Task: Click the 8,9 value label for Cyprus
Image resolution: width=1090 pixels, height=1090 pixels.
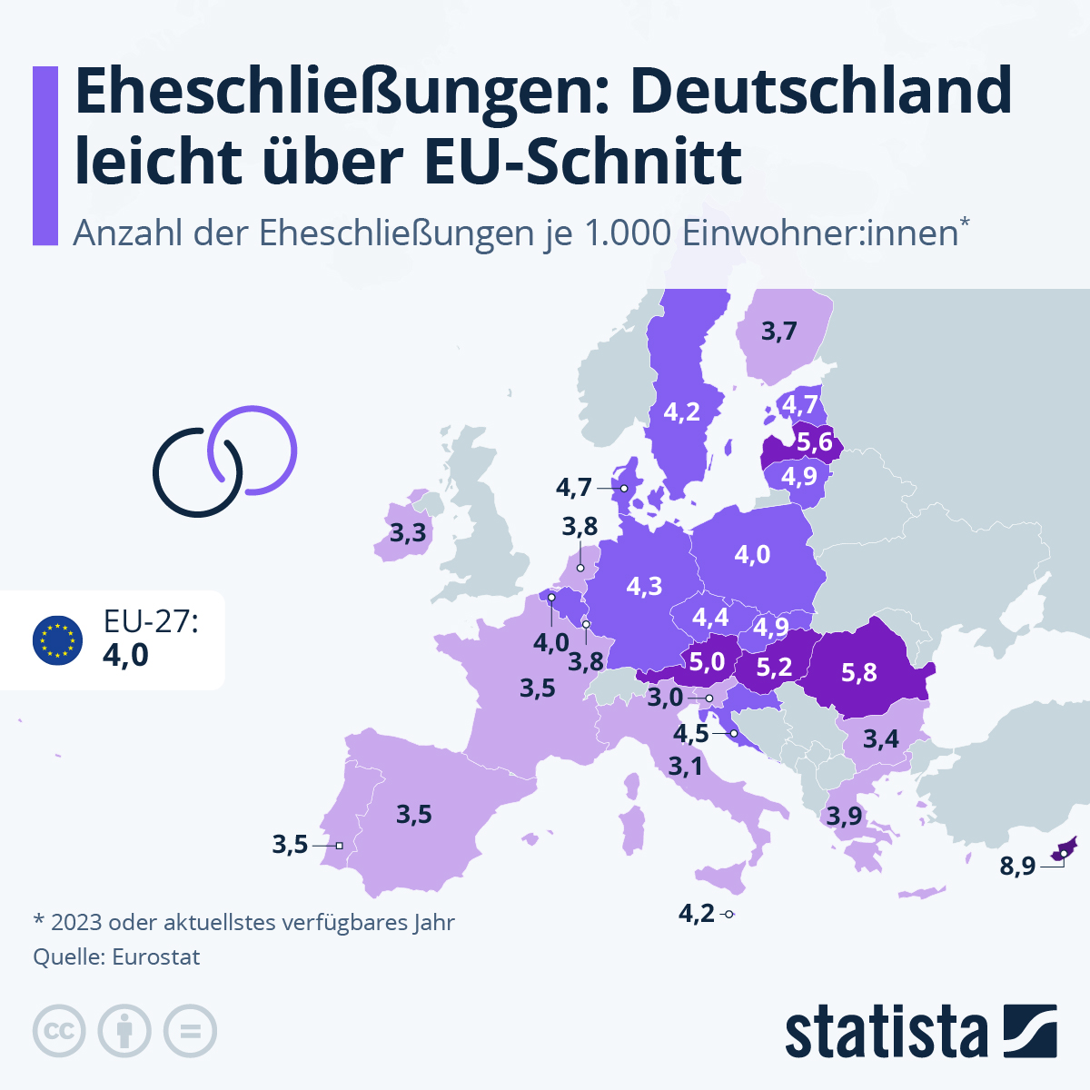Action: tap(1017, 866)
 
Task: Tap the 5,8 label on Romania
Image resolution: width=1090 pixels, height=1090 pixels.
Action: tap(858, 672)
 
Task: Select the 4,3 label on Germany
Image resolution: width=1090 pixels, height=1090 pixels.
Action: tap(644, 586)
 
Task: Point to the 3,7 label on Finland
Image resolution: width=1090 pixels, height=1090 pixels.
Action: tap(778, 332)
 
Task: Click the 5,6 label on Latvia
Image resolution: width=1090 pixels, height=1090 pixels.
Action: tap(814, 442)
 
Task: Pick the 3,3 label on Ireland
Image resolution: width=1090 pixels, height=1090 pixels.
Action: tap(408, 532)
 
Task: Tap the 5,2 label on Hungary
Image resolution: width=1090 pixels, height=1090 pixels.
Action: tap(774, 668)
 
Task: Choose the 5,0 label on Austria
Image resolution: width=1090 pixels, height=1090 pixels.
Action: tap(706, 661)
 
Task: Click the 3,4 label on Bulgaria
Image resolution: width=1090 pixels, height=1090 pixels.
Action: tap(880, 738)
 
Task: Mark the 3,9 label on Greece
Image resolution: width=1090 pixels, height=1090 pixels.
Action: tap(844, 816)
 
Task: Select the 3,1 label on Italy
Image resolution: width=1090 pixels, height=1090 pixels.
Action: tap(685, 767)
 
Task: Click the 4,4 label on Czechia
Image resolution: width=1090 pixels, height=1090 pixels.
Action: tap(710, 618)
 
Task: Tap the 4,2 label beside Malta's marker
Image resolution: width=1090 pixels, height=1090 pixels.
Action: tap(697, 913)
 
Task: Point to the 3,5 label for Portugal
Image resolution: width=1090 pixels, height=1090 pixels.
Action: tap(290, 845)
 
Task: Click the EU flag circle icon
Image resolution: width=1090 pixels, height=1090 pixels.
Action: tap(57, 639)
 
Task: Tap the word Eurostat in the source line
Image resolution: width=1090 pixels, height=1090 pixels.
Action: tap(155, 956)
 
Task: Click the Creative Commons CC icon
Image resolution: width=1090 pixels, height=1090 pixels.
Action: tap(59, 1031)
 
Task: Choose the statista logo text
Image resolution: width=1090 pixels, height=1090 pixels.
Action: tap(886, 1033)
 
